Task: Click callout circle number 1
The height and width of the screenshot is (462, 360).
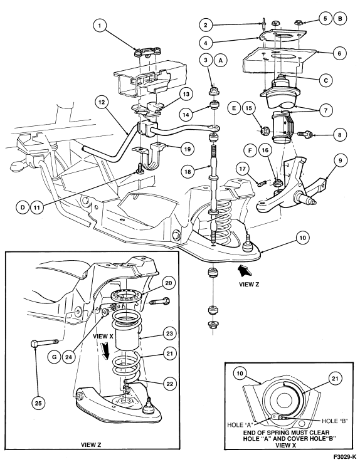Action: [100, 26]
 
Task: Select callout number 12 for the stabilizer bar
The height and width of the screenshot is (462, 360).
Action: [102, 103]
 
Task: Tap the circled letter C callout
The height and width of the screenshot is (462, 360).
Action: [326, 80]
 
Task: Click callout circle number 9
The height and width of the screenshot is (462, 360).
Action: [341, 160]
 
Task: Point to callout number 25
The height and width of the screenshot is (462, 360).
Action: [38, 403]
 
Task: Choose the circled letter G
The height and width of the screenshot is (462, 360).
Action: [54, 357]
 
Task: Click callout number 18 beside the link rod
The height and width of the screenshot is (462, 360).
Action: [188, 172]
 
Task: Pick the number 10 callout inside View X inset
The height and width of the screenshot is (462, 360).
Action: [240, 374]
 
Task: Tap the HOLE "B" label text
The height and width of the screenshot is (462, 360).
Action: [334, 421]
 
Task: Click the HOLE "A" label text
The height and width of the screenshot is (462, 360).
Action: [240, 425]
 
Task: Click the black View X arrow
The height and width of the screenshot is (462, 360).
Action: [105, 352]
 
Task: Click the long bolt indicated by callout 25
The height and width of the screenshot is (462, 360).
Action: [45, 343]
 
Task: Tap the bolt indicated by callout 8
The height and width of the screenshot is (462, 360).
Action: [305, 135]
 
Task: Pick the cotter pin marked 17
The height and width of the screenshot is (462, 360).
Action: [262, 183]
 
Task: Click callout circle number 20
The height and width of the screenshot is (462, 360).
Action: [168, 283]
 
